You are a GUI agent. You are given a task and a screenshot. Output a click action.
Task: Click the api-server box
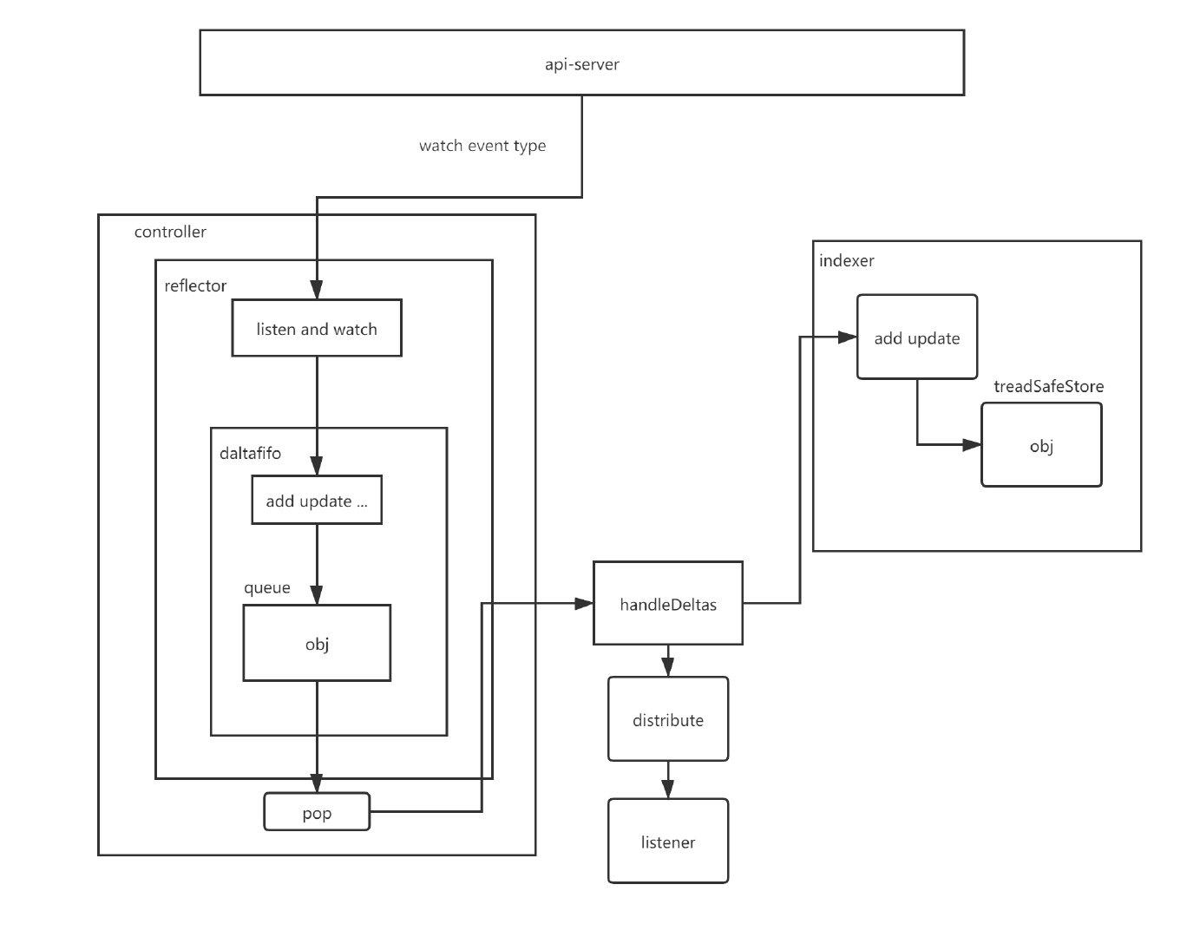pos(581,63)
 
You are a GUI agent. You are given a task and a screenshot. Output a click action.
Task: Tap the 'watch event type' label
pos(482,146)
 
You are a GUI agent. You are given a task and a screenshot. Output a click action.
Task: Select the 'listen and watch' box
pos(317,329)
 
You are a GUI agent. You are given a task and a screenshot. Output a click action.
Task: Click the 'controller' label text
pos(170,232)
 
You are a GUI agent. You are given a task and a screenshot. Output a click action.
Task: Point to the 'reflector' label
pos(195,286)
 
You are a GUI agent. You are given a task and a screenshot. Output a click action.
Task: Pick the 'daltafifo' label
pos(250,453)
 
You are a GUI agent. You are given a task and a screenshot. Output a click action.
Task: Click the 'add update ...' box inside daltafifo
pos(317,501)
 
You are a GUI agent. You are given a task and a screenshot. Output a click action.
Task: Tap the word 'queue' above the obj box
pos(266,588)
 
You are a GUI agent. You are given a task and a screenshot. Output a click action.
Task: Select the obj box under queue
pos(317,643)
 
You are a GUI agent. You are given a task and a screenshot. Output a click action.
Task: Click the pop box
pos(317,813)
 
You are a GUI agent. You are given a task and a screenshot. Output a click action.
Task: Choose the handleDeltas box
pos(668,604)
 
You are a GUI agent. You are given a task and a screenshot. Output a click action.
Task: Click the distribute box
pos(668,719)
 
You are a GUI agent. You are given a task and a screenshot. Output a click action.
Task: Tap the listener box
pos(668,842)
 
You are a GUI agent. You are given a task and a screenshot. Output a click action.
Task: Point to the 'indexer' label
pos(846,260)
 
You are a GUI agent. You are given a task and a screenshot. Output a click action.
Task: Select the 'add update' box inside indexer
pos(917,337)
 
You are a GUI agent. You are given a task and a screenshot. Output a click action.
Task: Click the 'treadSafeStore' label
pos(1048,386)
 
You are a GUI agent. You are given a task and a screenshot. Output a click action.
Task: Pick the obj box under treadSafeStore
pos(1041,445)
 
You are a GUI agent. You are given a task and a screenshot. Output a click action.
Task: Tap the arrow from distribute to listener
pos(667,780)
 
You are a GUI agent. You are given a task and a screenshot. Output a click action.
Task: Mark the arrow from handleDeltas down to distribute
pos(667,661)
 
